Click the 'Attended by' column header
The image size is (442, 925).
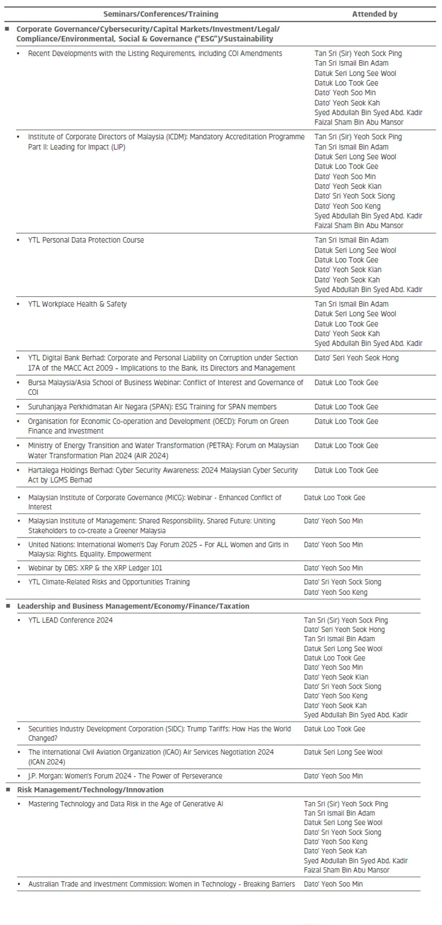[374, 14]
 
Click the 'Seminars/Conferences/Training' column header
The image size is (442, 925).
[161, 14]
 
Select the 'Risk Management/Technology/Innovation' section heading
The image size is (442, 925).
[90, 790]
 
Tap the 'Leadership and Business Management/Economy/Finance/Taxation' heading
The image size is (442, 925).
[133, 606]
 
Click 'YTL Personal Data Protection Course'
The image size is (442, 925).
[86, 240]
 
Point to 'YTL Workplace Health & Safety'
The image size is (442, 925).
[77, 304]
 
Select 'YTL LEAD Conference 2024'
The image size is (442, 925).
[70, 620]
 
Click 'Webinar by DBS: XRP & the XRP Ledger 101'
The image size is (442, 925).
[95, 568]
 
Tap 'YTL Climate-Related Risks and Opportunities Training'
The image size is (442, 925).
[109, 582]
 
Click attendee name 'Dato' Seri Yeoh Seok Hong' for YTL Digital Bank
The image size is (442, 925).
[356, 358]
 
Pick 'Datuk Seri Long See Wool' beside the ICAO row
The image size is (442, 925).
[343, 752]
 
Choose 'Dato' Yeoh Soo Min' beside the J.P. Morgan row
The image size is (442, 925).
[333, 776]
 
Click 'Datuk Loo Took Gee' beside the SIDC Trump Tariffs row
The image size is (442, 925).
[334, 729]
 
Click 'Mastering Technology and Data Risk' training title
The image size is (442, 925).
[126, 804]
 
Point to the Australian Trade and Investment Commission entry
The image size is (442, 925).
[161, 884]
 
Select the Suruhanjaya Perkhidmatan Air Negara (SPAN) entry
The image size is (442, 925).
[152, 407]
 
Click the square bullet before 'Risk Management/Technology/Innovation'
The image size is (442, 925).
[8, 790]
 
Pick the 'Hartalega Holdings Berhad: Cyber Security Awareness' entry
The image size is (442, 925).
[162, 470]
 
